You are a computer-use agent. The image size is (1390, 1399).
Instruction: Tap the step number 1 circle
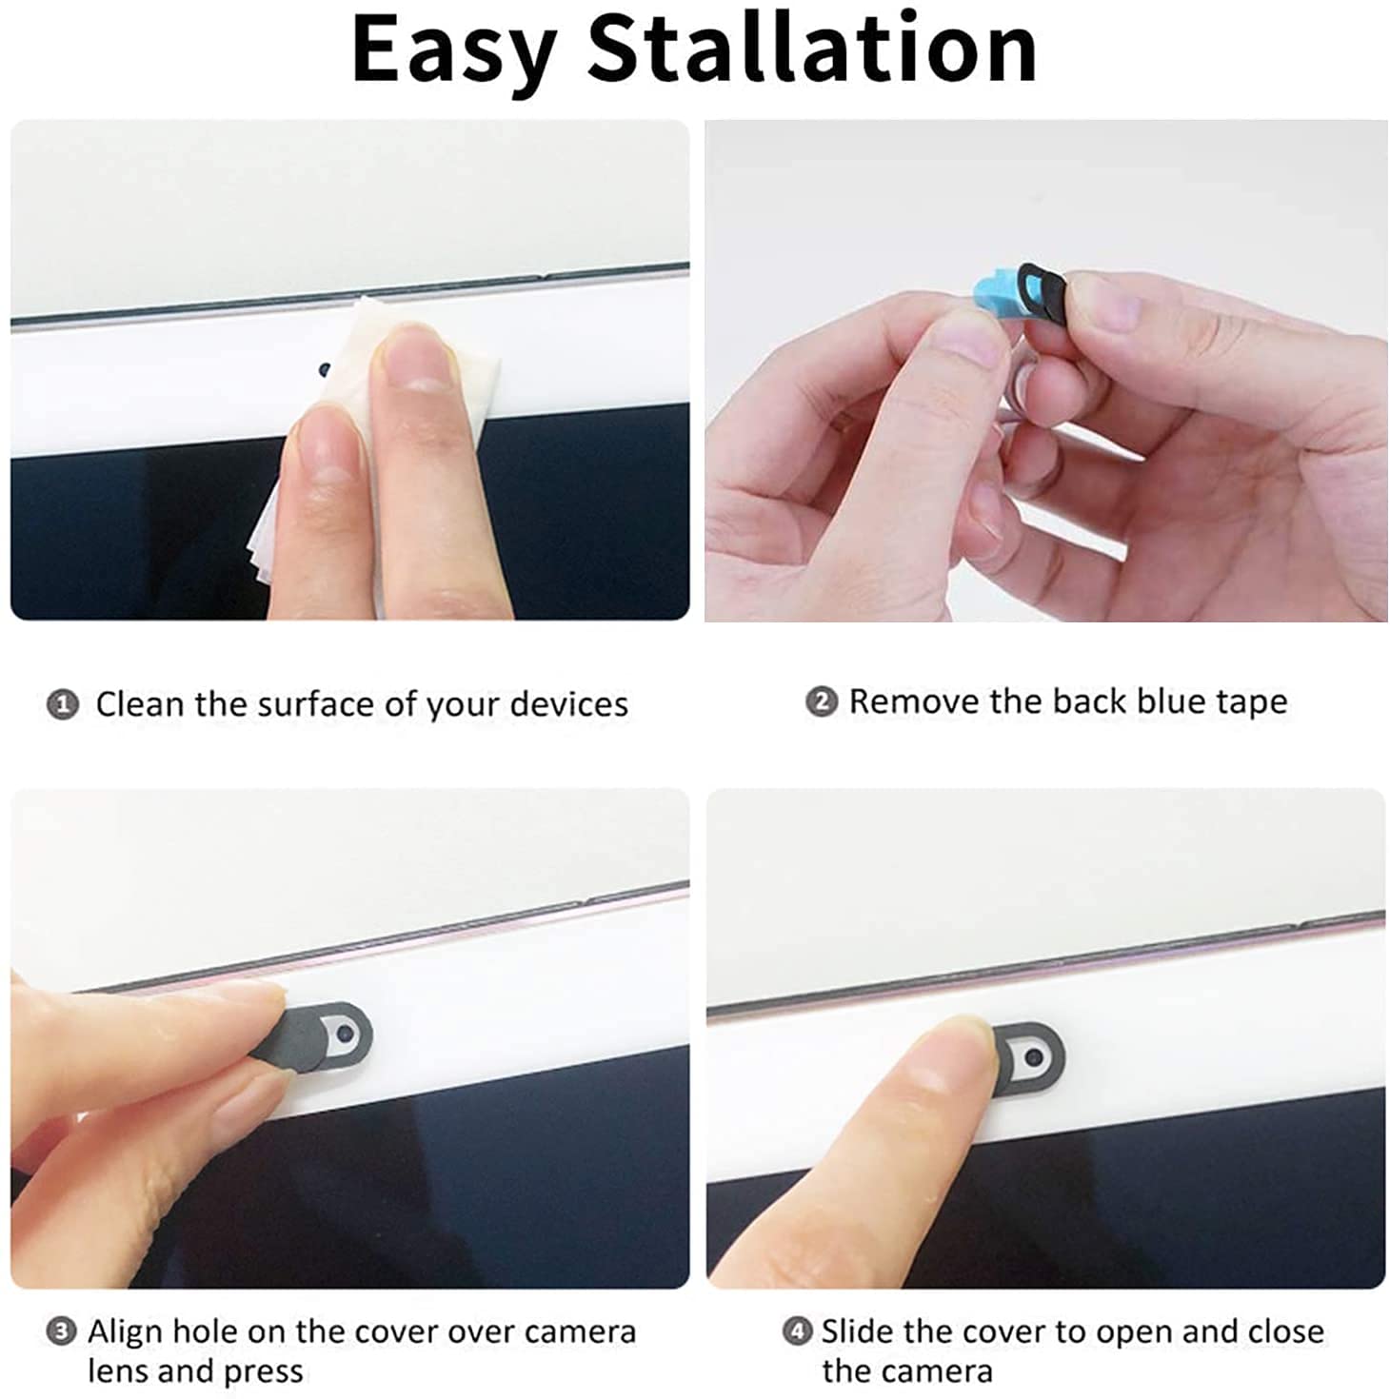[63, 704]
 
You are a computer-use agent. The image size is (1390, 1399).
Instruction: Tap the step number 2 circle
[822, 701]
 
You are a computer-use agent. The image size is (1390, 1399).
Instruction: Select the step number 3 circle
[61, 1330]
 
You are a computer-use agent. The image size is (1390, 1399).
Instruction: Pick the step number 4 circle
[797, 1330]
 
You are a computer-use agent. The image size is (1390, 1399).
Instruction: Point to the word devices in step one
[569, 704]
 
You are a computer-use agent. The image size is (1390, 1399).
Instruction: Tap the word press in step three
[263, 1372]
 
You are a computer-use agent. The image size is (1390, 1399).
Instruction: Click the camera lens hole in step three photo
[346, 1033]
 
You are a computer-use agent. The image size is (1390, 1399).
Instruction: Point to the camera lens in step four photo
[1031, 1056]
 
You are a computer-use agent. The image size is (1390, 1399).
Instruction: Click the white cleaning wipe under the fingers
[378, 436]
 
